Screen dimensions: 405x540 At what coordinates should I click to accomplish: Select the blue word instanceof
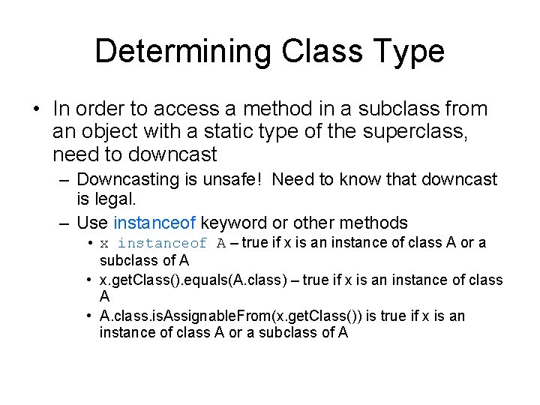154,223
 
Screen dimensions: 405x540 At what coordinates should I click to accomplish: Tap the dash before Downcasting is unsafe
63,180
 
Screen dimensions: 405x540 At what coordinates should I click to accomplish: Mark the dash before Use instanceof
63,223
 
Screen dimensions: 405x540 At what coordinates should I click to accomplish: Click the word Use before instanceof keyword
92,223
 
